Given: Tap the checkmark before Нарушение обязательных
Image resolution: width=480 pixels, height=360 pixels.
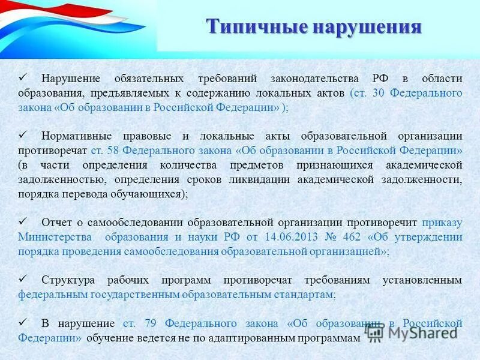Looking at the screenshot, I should [x=23, y=78].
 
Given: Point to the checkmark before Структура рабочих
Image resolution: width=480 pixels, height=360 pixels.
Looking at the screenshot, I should [x=23, y=279].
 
